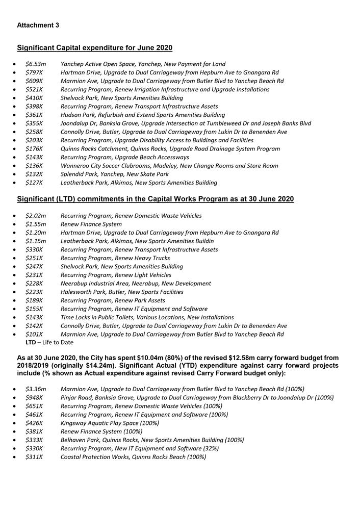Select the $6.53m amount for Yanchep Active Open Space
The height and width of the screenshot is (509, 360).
pos(36,64)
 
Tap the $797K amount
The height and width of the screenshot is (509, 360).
pos(34,73)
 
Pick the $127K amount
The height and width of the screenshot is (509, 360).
pos(34,183)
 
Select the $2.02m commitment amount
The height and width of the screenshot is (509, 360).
pos(36,216)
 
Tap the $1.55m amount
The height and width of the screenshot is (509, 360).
pos(36,224)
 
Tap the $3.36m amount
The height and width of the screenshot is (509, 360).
pos(36,389)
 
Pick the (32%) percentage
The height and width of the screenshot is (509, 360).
pos(209,448)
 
